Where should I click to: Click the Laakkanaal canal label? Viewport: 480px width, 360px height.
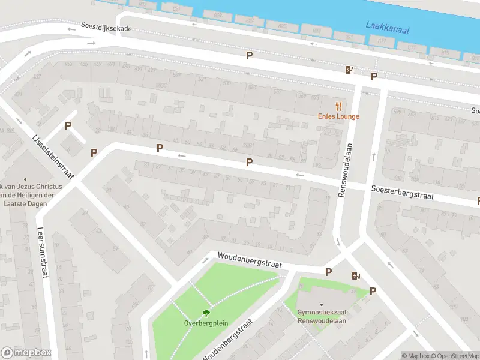387,27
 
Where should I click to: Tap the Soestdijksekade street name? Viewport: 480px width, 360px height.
106,28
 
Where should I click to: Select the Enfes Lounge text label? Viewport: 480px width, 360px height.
338,116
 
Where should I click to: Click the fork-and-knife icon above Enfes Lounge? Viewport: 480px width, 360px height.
338,106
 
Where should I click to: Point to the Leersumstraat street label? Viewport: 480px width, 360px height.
41,252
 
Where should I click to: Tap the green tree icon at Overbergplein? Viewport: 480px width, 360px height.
206,313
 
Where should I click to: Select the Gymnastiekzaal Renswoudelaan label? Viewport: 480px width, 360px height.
322,316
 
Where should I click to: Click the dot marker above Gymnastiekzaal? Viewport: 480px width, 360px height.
322,305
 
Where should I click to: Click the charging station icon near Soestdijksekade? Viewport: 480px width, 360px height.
350,70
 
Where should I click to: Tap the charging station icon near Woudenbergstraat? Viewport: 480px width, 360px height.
356,275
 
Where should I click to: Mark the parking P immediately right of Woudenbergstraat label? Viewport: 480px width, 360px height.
328,272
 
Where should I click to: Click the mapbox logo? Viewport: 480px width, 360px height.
26,353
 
